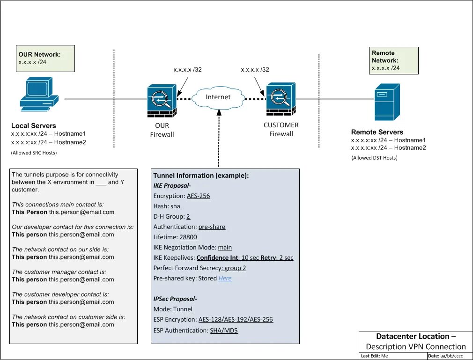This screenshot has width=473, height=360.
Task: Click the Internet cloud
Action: click(x=218, y=97)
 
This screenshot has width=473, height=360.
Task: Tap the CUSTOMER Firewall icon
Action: click(x=281, y=99)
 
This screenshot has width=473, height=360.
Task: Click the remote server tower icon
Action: click(x=387, y=102)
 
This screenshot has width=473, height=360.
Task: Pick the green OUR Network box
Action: click(x=45, y=58)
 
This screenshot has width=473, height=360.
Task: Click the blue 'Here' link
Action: click(x=225, y=278)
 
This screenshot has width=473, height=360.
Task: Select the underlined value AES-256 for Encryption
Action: click(x=199, y=196)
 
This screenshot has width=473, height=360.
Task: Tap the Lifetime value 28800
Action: click(x=188, y=237)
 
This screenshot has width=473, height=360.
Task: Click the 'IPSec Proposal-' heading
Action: click(x=175, y=299)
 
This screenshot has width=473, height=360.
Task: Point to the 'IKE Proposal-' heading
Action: click(x=171, y=185)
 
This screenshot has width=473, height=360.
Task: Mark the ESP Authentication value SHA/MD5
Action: click(x=224, y=331)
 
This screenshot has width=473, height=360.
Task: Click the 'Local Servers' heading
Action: click(x=34, y=125)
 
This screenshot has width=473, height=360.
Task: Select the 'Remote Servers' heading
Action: click(x=377, y=132)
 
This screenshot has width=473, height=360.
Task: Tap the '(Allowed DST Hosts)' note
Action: click(x=374, y=158)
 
